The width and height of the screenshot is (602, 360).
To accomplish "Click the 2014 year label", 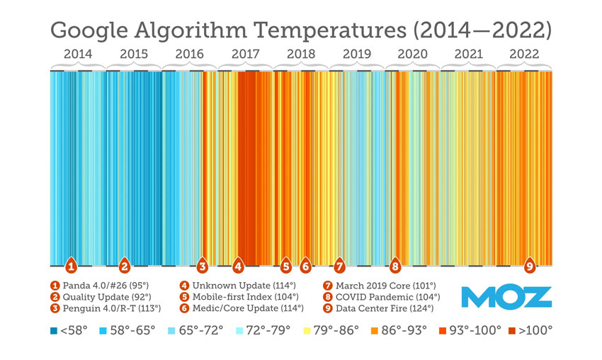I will (x=77, y=54).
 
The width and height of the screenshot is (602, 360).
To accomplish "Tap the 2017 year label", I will (x=245, y=54).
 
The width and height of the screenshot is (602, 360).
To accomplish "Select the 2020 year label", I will (x=412, y=54).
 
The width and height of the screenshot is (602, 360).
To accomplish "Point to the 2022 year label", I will (x=524, y=54).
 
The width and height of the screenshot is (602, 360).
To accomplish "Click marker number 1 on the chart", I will (x=71, y=266).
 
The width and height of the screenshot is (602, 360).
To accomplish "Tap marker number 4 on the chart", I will (x=239, y=266).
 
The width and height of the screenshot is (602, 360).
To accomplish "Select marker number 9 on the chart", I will (x=530, y=266).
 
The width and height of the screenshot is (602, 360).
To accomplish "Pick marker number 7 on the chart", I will (x=339, y=266).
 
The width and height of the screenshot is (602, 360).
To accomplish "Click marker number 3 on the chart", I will (x=202, y=266).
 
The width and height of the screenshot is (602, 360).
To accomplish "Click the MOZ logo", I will (x=506, y=297).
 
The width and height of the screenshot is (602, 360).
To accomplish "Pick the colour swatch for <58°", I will (x=54, y=330).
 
